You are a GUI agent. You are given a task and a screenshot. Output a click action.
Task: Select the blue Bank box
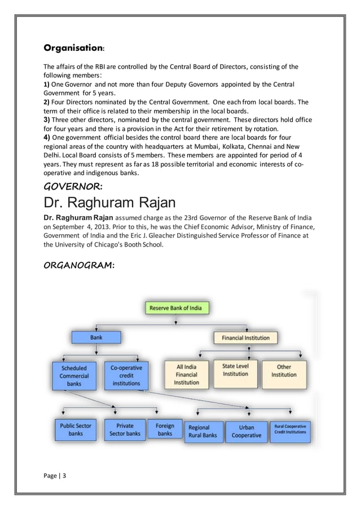click(x=96, y=337)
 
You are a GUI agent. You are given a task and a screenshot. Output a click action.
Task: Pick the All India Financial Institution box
click(x=186, y=374)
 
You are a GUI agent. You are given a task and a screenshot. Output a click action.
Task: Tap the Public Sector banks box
click(x=76, y=429)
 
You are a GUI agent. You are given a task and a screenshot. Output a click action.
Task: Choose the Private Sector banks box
click(x=125, y=429)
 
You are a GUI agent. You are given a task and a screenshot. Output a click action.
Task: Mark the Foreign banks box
click(x=165, y=429)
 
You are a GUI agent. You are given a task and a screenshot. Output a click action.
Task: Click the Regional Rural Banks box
click(x=203, y=431)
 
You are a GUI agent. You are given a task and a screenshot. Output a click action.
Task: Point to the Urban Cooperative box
click(x=247, y=431)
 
